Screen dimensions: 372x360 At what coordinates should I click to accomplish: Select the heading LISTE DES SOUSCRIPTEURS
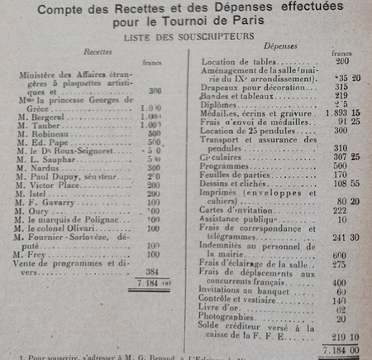tap(184, 38)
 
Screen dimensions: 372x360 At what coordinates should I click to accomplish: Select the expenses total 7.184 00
tap(341, 350)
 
